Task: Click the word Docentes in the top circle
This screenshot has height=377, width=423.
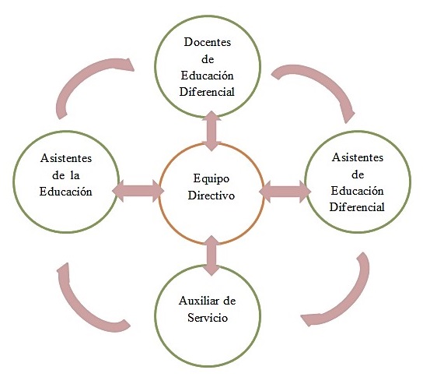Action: click(x=207, y=42)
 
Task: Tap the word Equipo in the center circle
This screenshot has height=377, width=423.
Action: click(x=211, y=179)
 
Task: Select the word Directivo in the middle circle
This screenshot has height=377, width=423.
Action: click(x=211, y=196)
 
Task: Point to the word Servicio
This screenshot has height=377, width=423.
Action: click(x=208, y=317)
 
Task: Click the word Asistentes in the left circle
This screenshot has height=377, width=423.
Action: click(x=66, y=158)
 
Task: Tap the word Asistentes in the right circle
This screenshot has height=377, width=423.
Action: click(x=358, y=157)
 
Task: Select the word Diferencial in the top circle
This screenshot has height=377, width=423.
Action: click(x=207, y=92)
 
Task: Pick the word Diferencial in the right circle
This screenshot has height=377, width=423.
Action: click(x=357, y=207)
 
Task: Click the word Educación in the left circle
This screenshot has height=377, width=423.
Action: click(x=66, y=192)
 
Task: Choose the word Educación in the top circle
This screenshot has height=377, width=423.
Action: click(x=207, y=76)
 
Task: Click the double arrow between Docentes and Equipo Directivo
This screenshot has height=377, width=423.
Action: click(x=211, y=131)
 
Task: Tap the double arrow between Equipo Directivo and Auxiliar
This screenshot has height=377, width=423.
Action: click(x=211, y=255)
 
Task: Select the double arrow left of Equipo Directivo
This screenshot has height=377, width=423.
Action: click(x=138, y=191)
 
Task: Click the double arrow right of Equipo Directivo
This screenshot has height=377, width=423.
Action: click(x=285, y=192)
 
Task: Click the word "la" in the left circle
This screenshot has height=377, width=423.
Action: click(x=75, y=175)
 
